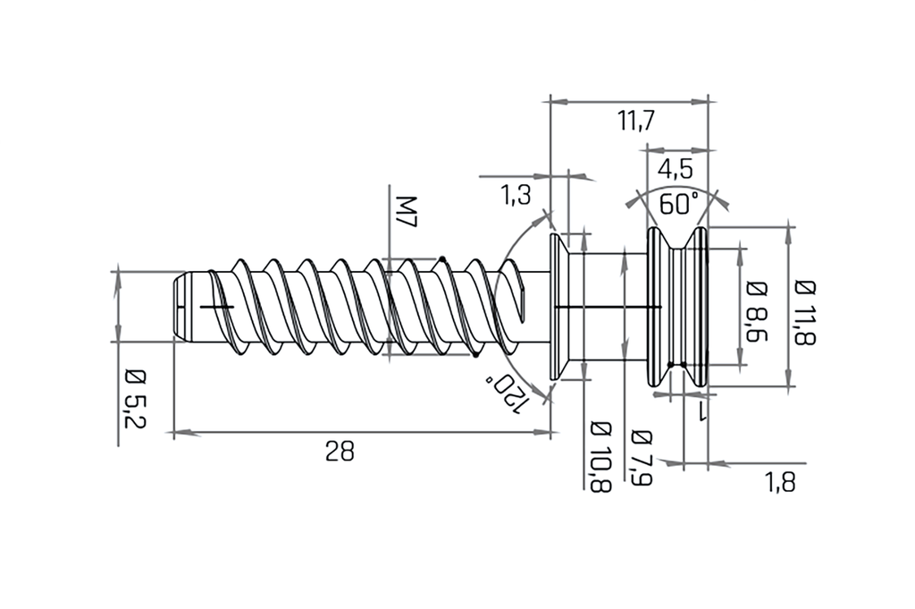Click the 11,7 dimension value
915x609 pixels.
point(636,122)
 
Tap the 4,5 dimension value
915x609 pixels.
point(676,170)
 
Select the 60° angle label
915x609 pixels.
point(679,204)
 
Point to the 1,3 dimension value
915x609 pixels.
point(516,195)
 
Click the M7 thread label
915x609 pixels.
point(407,212)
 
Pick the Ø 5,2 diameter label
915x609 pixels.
point(135,398)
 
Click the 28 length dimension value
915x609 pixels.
point(340,452)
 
